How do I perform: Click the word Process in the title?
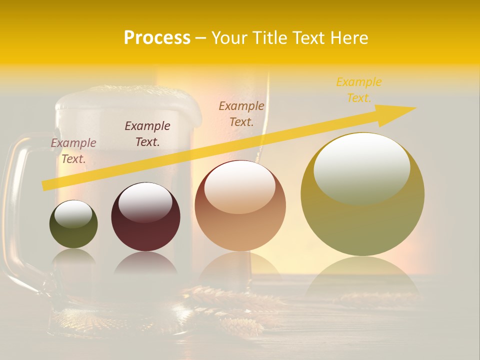click(157, 38)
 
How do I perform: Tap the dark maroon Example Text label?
click(147, 134)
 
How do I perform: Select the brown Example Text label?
click(241, 113)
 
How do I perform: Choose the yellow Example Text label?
click(358, 90)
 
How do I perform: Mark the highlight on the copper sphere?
click(239, 186)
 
